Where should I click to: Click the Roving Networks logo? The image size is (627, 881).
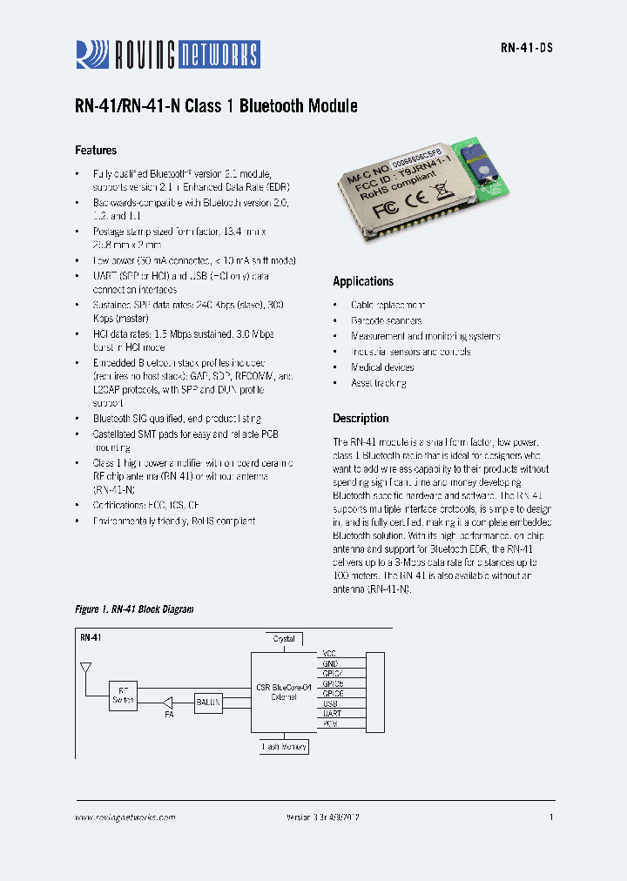[166, 55]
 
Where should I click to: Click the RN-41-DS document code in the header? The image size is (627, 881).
[526, 49]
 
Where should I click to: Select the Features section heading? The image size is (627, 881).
[96, 150]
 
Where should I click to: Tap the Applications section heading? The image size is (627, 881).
[363, 281]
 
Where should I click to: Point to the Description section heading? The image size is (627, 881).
[361, 418]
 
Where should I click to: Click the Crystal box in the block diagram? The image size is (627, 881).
[284, 639]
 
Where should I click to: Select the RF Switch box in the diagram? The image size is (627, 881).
[123, 694]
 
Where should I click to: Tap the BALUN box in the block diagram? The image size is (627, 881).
[208, 701]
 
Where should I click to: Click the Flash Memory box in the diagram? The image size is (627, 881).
[284, 747]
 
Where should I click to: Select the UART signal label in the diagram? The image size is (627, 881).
[329, 713]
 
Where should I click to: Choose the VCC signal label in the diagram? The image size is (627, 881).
[329, 653]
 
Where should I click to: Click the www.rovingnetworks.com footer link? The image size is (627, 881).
[125, 817]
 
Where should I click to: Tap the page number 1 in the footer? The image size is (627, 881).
[551, 817]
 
